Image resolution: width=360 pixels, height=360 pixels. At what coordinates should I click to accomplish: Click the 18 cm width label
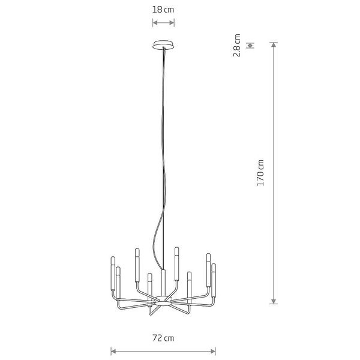(x=163, y=10)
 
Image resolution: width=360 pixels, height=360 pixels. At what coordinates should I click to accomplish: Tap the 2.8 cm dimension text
(x=238, y=45)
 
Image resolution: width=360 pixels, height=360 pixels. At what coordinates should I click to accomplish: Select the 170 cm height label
(x=260, y=172)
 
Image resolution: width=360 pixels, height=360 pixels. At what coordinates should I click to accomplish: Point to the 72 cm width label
(x=163, y=338)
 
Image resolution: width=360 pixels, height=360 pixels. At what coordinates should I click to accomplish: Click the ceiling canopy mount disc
(x=163, y=44)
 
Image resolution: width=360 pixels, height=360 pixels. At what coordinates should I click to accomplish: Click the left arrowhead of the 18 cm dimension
(x=154, y=23)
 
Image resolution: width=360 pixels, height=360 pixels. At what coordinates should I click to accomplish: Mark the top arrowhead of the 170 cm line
(x=274, y=44)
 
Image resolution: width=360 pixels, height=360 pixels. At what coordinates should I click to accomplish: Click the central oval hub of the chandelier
(x=163, y=298)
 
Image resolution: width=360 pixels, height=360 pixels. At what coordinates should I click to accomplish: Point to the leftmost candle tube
(x=112, y=272)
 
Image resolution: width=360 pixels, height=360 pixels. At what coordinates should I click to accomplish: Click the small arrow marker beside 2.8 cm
(x=250, y=45)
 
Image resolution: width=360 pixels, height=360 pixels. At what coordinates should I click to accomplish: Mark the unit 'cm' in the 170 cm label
(x=260, y=164)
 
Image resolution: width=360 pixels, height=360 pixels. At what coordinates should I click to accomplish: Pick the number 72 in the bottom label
(x=157, y=338)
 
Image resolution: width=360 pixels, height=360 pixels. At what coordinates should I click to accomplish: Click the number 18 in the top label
(x=157, y=10)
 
